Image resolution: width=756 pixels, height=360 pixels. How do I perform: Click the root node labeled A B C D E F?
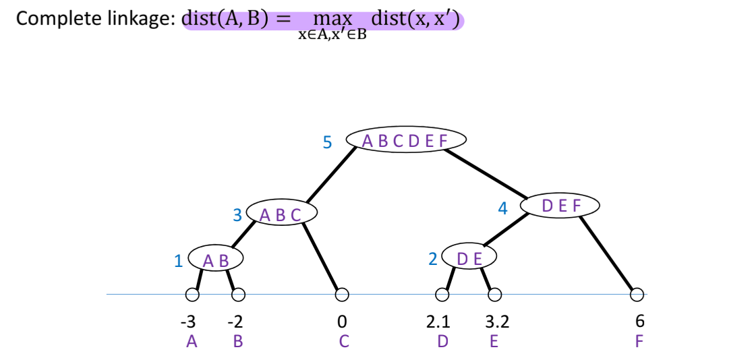pyautogui.click(x=405, y=140)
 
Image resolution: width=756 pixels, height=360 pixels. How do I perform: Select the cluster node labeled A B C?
pyautogui.click(x=281, y=214)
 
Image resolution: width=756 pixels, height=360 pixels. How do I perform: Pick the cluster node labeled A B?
pyautogui.click(x=216, y=260)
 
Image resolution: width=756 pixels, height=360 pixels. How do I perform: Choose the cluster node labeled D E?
pyautogui.click(x=469, y=258)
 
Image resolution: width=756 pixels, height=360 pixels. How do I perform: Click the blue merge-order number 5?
pyautogui.click(x=328, y=143)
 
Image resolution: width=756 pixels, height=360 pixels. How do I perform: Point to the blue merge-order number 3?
pyautogui.click(x=237, y=215)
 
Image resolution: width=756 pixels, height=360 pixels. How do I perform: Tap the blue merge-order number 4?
pyautogui.click(x=502, y=208)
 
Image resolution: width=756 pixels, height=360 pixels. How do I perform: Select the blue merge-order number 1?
pyautogui.click(x=179, y=261)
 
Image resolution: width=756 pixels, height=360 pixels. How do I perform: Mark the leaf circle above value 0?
pyautogui.click(x=342, y=295)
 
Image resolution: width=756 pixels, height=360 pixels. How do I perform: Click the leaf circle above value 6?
pyautogui.click(x=637, y=295)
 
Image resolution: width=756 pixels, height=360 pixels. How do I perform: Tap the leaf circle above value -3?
pyautogui.click(x=193, y=295)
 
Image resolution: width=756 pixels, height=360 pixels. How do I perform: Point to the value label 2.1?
pyautogui.click(x=441, y=322)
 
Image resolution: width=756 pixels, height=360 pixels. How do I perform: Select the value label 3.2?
pyautogui.click(x=498, y=322)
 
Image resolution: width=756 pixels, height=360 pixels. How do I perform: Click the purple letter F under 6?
pyautogui.click(x=639, y=341)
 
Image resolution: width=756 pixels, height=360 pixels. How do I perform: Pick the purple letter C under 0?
pyautogui.click(x=344, y=341)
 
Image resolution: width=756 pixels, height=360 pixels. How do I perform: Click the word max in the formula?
pyautogui.click(x=328, y=19)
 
